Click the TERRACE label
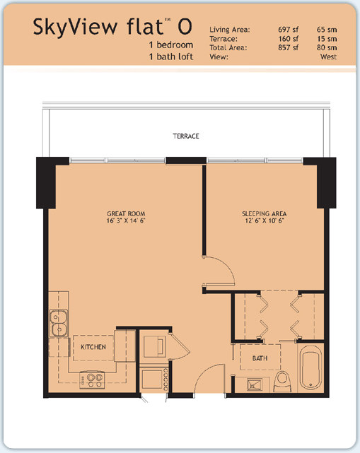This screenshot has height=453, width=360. (x=186, y=136)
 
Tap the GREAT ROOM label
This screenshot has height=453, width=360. (x=126, y=214)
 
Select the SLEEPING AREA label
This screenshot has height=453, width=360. (x=265, y=214)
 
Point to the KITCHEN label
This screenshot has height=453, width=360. (x=93, y=347)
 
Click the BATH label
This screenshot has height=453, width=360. (x=260, y=358)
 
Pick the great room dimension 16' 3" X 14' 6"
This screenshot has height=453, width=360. (x=126, y=220)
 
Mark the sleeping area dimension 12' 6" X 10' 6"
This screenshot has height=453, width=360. (x=265, y=220)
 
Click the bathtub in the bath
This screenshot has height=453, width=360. (x=310, y=367)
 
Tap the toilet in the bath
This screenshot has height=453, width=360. (x=282, y=382)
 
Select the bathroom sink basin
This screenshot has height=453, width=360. (x=255, y=385)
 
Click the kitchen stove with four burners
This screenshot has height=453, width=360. (x=92, y=380)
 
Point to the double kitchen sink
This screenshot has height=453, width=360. (x=59, y=323)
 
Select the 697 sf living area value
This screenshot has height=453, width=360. (x=289, y=30)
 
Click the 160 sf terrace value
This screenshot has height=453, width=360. (x=289, y=39)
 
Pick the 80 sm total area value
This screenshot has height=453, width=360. (x=327, y=47)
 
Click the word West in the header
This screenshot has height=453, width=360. (x=328, y=57)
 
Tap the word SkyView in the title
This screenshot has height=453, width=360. (x=75, y=27)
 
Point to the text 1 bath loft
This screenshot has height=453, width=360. (x=171, y=57)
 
